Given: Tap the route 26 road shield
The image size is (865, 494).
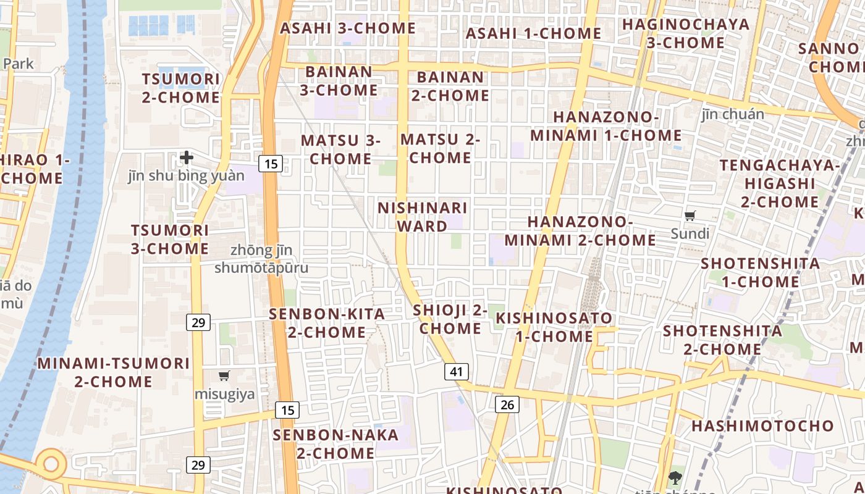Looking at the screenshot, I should pos(507,404).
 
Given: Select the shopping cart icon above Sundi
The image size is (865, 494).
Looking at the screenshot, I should pos(690,216).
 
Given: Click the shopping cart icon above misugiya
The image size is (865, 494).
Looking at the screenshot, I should pos(224,375).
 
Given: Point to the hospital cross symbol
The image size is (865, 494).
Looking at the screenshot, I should pos(187,157).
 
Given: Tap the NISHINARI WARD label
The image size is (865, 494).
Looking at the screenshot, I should pos(423,217).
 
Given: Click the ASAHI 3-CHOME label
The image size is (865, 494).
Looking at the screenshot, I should pos(348,28).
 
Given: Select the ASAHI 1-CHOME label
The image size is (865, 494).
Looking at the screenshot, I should pos(533,33).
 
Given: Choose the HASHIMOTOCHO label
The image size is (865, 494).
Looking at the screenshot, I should pos(762,426).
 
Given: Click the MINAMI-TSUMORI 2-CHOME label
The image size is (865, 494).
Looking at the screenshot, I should pos(114,372).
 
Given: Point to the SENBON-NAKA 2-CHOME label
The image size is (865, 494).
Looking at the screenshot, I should pos(336,444).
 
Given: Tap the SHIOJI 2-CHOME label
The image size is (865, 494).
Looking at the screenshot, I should pos(450,319).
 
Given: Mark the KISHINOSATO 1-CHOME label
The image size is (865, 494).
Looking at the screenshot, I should pos(554,327).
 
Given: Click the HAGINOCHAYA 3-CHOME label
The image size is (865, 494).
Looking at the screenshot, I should pos(686,33).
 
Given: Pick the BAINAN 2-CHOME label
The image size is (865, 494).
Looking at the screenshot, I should pos(450,86).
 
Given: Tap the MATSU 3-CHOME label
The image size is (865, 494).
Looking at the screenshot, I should pos(340,149).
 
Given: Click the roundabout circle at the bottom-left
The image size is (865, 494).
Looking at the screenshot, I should pos(50,463).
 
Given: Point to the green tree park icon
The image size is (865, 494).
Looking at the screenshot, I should pos(675,477).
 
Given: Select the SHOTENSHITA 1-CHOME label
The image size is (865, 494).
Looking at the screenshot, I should pos(760,273).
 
